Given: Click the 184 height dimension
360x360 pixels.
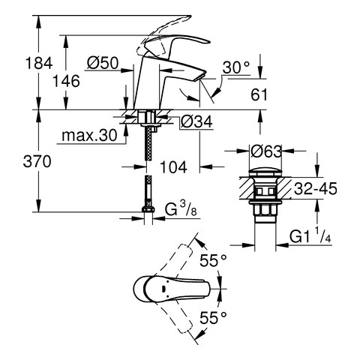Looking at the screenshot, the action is point(39,63).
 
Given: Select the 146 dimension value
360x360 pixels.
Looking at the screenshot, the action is point(66,81).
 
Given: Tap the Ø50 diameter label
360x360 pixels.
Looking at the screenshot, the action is point(103,63).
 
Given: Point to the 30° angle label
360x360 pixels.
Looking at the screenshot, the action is point(236,67).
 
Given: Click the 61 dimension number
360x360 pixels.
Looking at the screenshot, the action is point(259,95).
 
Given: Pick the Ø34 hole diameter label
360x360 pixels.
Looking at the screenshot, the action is point(196,121).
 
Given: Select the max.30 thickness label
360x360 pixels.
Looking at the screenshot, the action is point(89,136).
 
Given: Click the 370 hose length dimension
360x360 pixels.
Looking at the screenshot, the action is point(37,161).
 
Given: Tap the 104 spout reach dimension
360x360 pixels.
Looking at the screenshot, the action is point(173,167).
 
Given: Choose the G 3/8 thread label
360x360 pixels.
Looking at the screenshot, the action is point(181,209).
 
